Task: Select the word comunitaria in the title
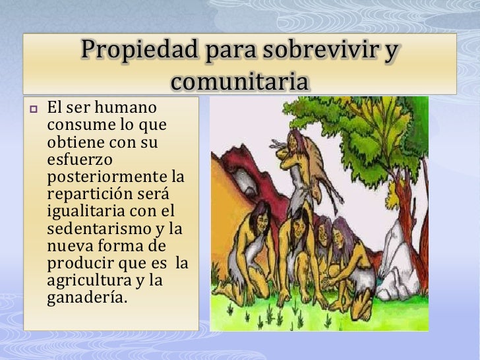239,82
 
